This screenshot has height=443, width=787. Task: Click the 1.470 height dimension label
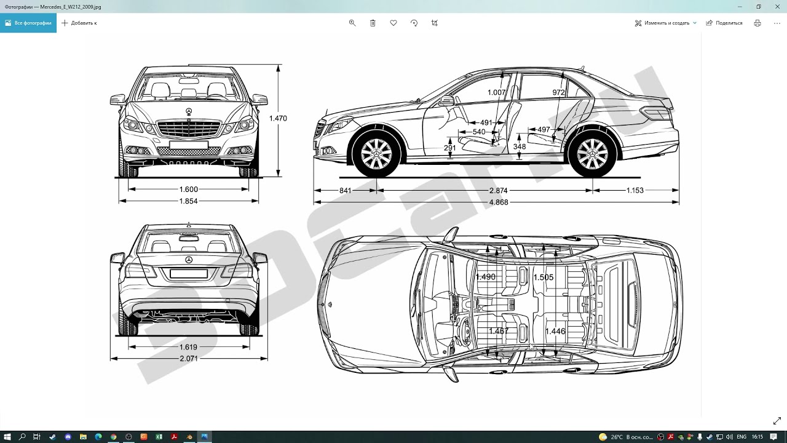pos(278,119)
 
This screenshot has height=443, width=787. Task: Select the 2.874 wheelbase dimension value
pos(498,191)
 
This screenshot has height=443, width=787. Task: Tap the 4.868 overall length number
pos(499,202)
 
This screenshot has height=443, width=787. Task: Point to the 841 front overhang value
pos(346,191)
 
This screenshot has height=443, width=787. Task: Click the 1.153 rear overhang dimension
pos(635,191)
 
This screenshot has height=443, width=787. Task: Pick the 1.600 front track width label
pos(189,190)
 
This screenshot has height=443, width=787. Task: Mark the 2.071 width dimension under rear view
pos(189,359)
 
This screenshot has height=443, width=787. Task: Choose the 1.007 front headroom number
pos(496,92)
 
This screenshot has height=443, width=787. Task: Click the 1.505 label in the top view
pos(544,277)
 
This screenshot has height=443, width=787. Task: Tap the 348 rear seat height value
pos(520,146)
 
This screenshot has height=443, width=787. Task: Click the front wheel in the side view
pos(376,154)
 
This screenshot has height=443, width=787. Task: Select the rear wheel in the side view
pos(592,154)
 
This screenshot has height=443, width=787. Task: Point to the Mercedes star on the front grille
pos(189,112)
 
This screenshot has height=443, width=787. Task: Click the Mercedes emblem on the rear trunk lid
pos(189,260)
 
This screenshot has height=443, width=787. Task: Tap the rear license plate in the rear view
pos(189,273)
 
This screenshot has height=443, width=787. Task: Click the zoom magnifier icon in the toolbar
pos(352,23)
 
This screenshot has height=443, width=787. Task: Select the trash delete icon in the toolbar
pos(373,23)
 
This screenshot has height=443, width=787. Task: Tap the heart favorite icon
pos(393,23)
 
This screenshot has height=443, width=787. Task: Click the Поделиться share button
pos(724,23)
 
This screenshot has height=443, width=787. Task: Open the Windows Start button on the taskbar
pos(7,437)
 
